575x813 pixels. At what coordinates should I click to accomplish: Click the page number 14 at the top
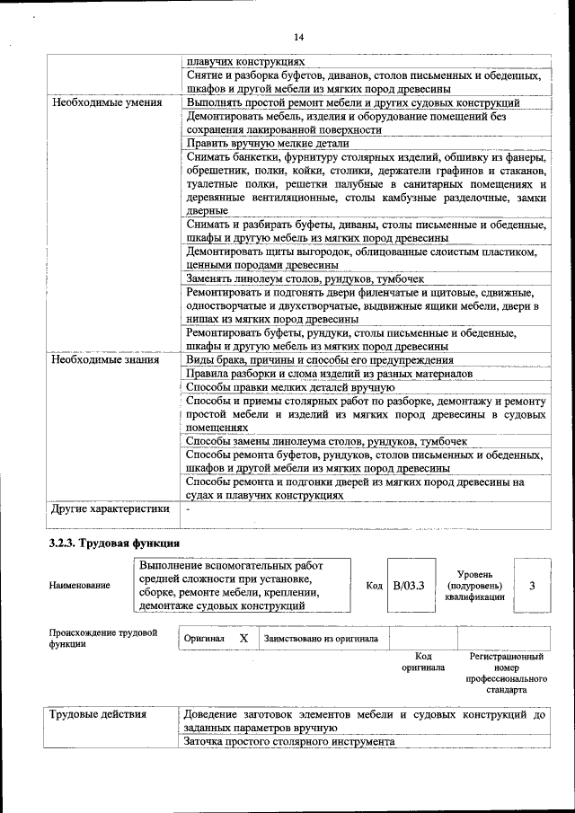click(x=298, y=36)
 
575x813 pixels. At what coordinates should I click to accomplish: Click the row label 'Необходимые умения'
click(x=107, y=102)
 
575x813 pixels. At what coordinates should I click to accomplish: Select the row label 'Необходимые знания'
click(x=105, y=359)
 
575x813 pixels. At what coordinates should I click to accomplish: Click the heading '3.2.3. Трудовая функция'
click(x=113, y=543)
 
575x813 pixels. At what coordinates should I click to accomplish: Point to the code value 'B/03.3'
click(x=409, y=586)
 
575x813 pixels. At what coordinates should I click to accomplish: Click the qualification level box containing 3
click(x=532, y=586)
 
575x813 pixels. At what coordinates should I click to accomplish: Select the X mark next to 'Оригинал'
click(x=243, y=638)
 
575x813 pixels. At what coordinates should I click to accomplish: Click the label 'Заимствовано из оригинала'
click(x=321, y=639)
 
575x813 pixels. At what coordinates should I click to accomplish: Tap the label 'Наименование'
click(x=80, y=586)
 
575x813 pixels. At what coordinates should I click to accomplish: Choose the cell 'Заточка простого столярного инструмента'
click(x=288, y=743)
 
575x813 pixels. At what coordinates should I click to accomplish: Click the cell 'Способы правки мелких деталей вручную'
click(x=289, y=387)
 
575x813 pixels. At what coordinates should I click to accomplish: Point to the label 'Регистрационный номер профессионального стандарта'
click(x=506, y=674)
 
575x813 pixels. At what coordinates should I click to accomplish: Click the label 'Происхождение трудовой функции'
click(x=103, y=638)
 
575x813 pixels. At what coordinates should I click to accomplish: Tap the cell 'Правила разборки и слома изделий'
click(x=328, y=373)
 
